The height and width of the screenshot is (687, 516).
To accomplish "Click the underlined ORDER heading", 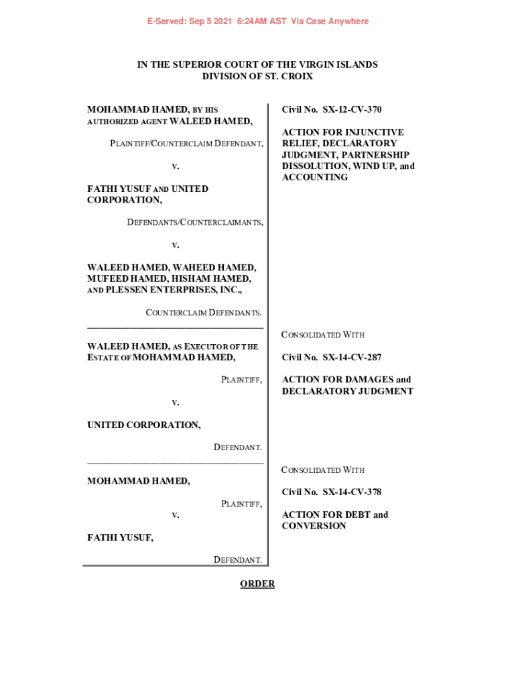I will coord(257,584).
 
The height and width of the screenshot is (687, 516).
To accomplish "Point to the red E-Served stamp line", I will coord(258,21).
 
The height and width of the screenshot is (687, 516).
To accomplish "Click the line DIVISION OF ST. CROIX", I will coord(257,76).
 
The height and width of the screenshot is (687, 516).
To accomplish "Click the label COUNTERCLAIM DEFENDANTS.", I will coord(204,313).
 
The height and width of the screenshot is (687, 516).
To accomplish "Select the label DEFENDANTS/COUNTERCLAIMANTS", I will coord(195,222).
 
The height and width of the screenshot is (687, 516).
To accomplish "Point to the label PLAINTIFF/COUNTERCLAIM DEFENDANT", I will coord(187,144).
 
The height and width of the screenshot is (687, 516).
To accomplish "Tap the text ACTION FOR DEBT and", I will coord(335,515).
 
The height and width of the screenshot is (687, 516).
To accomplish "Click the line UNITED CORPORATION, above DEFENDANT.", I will coord(144,425).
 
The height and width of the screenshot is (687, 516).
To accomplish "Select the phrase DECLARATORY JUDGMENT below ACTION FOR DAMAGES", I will coord(347,391).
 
